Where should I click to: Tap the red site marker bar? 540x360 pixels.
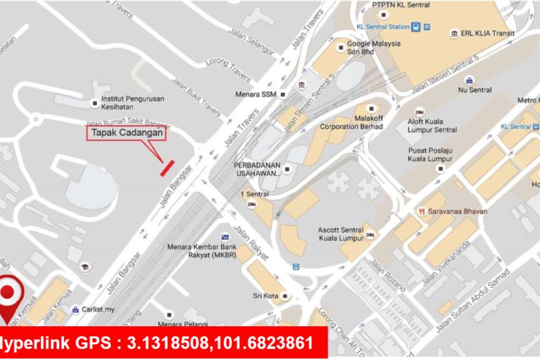[x=167, y=167]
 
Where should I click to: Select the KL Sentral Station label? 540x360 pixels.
[x=382, y=27]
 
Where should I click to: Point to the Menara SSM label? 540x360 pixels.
[x=255, y=94]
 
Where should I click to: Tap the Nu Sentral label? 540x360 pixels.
[x=475, y=90]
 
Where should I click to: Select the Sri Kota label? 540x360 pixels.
[x=266, y=296]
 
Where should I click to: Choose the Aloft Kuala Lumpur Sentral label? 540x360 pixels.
[x=432, y=125]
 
